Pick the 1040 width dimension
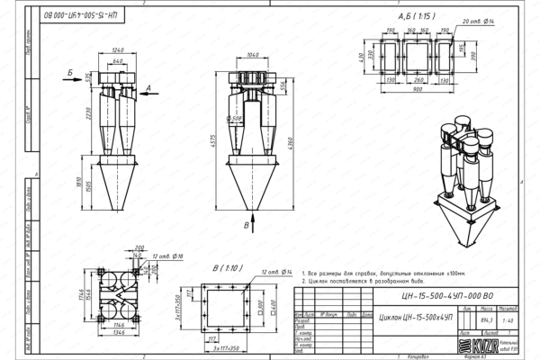[253, 55]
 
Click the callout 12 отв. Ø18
[166, 256]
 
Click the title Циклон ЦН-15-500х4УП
[418, 318]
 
